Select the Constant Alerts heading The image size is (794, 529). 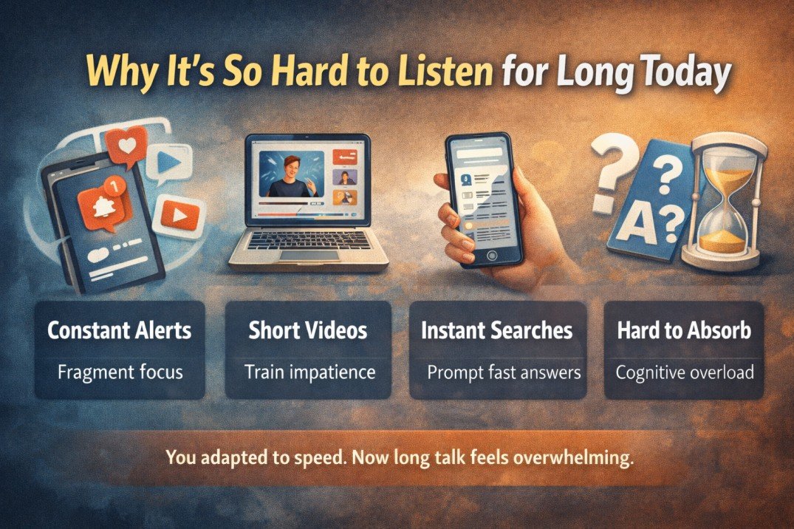[120, 331]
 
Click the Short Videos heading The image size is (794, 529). [308, 331]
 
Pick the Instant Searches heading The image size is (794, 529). [496, 331]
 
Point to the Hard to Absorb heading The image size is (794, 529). [684, 331]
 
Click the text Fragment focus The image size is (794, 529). [120, 372]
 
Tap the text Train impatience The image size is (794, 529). [308, 372]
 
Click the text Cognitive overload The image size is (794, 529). [684, 372]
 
